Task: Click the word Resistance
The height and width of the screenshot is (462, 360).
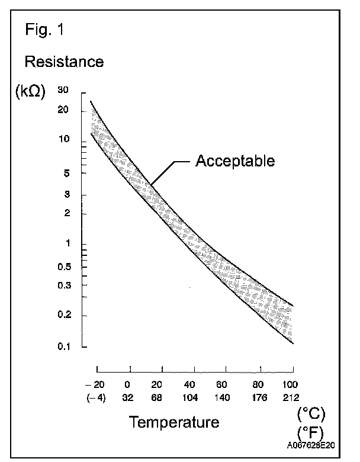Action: tap(63, 61)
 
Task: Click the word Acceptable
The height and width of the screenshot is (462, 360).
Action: tap(235, 161)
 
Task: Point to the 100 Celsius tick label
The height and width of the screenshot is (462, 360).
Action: tap(290, 383)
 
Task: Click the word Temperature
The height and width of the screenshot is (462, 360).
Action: tap(174, 422)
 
